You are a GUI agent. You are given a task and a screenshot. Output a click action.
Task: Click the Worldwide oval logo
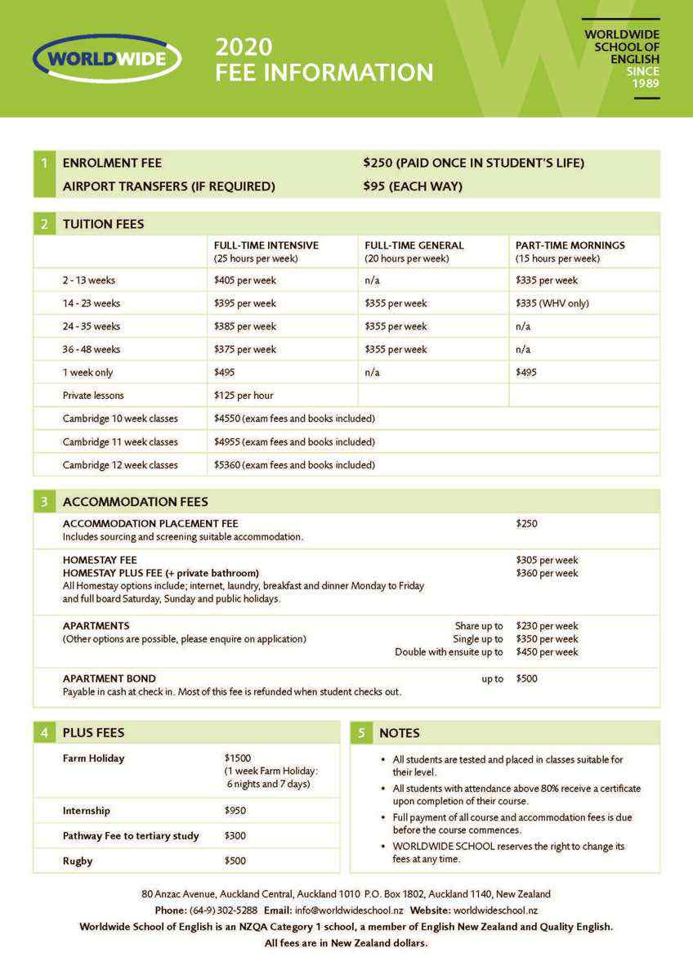[x=107, y=58]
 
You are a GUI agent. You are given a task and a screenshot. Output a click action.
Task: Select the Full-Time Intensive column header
[x=266, y=245]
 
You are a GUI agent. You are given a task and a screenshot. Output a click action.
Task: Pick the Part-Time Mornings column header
[x=570, y=245]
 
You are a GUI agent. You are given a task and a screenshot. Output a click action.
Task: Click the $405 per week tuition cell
[x=245, y=280]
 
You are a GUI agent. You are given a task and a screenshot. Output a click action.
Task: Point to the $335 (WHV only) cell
[x=552, y=303]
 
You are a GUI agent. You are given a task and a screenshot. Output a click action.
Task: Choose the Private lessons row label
[x=93, y=396]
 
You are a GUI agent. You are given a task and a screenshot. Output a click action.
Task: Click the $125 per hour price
[x=244, y=396]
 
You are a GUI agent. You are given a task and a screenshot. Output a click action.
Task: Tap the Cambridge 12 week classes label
[x=120, y=465]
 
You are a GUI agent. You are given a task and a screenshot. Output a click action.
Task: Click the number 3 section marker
[x=44, y=502]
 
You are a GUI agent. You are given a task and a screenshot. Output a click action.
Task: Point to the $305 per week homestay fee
[x=547, y=560]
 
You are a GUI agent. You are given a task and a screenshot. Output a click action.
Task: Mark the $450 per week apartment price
[x=547, y=652]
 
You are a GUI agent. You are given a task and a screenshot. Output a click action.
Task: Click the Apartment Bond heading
[x=110, y=678]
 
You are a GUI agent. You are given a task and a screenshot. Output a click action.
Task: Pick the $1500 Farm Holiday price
[x=238, y=758]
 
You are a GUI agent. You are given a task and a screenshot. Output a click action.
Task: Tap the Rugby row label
[x=78, y=861]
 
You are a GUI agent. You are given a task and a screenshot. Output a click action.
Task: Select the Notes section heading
[x=400, y=733]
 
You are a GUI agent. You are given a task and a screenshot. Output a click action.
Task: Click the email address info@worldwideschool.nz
[x=349, y=910]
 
